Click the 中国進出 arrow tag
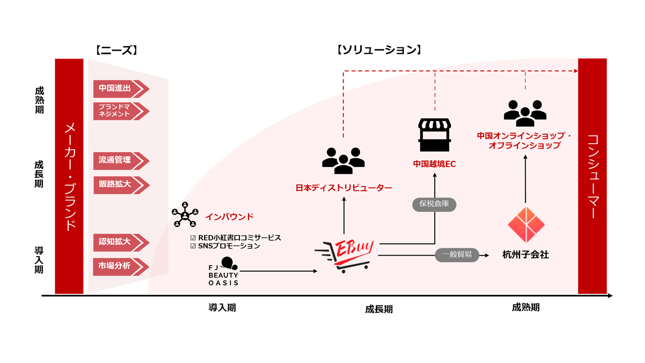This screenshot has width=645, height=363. click(x=119, y=89)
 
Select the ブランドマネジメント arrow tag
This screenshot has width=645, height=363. click(x=119, y=111)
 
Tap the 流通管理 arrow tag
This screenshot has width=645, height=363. click(x=119, y=161)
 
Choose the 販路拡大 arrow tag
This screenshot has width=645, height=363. click(x=119, y=185)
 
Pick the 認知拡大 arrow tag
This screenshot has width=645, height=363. click(x=119, y=242)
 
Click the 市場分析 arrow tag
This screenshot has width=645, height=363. click(x=119, y=266)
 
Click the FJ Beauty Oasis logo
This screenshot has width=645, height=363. click(x=224, y=272)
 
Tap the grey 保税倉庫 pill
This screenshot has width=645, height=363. click(x=434, y=204)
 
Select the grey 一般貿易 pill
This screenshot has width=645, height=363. click(x=457, y=255)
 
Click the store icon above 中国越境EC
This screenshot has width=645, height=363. click(x=434, y=135)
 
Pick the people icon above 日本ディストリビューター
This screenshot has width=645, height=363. click(x=343, y=161)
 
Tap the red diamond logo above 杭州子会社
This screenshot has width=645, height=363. click(x=526, y=225)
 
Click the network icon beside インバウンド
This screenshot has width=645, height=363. click(x=185, y=215)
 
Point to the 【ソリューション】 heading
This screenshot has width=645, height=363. click(x=378, y=50)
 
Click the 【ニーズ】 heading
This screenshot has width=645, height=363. click(x=116, y=50)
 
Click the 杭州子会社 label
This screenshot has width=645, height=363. click(x=526, y=255)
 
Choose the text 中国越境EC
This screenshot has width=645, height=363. click(x=434, y=164)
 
